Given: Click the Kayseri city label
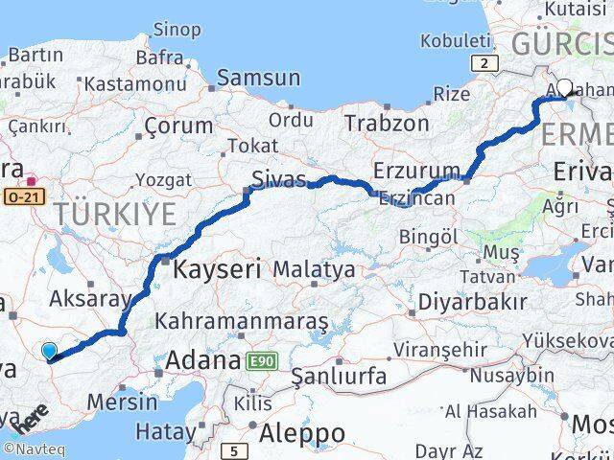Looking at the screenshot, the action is [217, 270].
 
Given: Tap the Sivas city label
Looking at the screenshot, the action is [278, 179].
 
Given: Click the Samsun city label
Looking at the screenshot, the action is [258, 78].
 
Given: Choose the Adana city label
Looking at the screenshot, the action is [201, 361].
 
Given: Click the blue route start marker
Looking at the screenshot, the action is [49, 352].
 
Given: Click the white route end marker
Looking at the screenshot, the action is [564, 88].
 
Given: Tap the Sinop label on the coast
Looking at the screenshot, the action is [177, 30].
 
